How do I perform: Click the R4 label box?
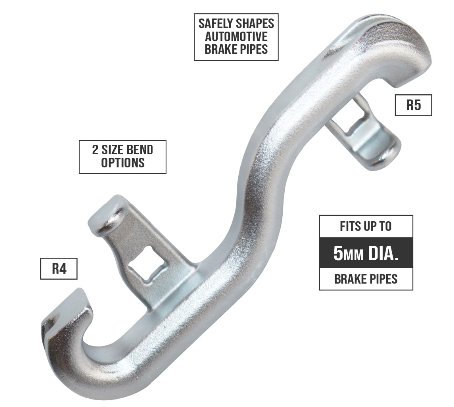(x=59, y=269)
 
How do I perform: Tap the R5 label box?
(x=413, y=105)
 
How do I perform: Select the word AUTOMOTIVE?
(x=236, y=36)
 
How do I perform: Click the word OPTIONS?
(x=123, y=163)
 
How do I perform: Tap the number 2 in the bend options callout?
(x=95, y=150)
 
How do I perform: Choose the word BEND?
(x=140, y=150)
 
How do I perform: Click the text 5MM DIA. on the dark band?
(x=366, y=253)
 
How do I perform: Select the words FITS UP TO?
(x=366, y=226)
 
